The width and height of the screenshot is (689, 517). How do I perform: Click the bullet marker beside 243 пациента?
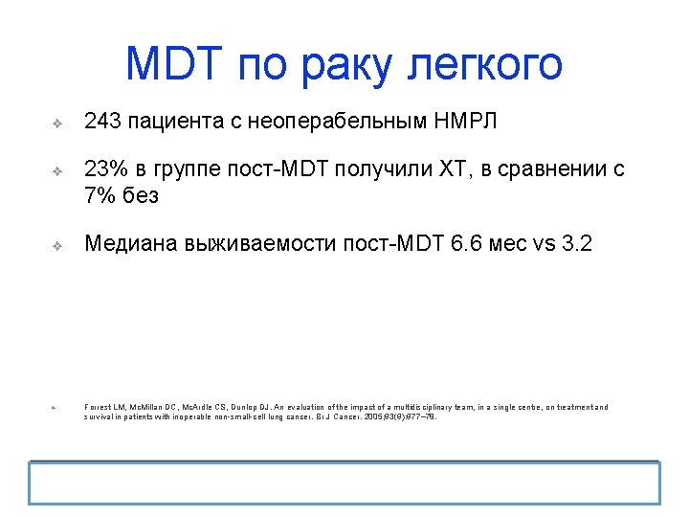[56, 124]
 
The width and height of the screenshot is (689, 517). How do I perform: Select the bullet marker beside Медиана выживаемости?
[56, 246]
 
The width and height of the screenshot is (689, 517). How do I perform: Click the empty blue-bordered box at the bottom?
[344, 483]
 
